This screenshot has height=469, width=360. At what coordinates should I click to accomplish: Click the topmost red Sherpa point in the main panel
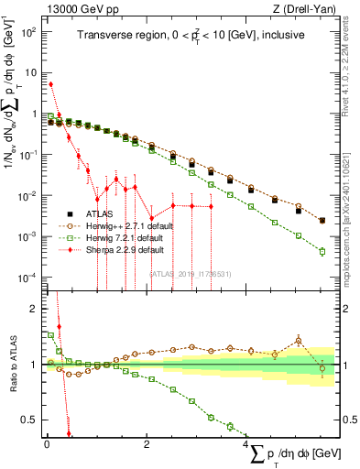tap(50, 84)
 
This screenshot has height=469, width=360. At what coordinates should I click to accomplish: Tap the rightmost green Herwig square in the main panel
tap(322, 251)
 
